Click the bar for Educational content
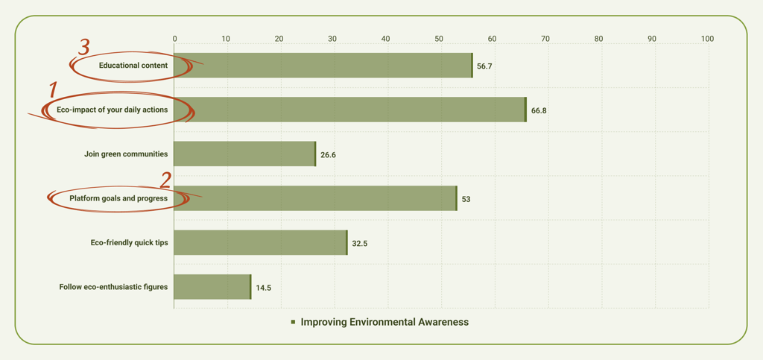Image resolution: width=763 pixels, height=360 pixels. point(323,66)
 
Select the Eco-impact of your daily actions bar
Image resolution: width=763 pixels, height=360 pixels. point(349,110)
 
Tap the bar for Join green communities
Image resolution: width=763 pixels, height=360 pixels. point(244,154)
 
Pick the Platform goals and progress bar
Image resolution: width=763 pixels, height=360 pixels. point(314,198)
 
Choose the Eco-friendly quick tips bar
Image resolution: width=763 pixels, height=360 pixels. point(260,243)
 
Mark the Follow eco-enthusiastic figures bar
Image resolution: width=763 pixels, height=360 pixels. point(212,287)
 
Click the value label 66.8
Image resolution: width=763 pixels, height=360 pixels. point(539,110)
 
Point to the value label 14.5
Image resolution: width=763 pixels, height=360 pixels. point(263,288)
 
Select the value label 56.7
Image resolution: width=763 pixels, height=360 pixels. point(484,66)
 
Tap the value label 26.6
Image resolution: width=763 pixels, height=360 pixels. point(328,155)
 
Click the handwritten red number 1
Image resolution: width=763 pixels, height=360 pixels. point(53,91)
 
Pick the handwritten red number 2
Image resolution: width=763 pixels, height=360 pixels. point(165,180)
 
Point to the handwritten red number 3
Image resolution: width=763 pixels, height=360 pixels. point(83,47)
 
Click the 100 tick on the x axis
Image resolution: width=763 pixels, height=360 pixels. point(706,39)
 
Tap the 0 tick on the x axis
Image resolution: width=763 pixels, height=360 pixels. point(175,39)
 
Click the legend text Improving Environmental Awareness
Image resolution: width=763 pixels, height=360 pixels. point(384,322)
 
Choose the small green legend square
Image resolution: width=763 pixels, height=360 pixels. point(294,322)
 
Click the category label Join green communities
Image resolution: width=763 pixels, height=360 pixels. point(126,154)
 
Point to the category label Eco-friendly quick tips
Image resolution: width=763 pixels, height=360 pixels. point(129,243)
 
